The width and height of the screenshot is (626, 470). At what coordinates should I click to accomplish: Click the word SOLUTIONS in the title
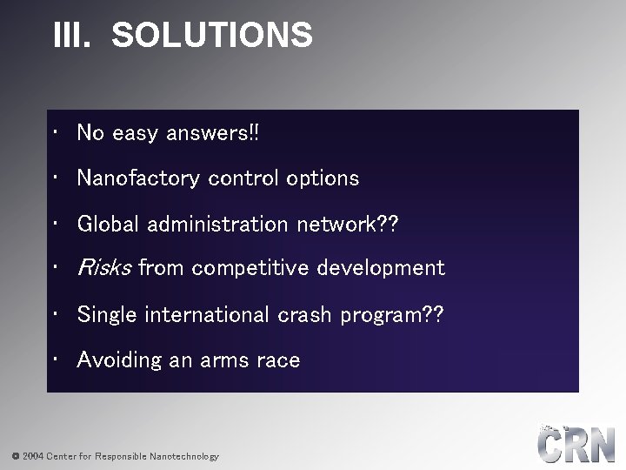(212, 36)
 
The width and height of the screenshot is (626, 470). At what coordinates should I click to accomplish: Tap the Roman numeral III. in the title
(72, 36)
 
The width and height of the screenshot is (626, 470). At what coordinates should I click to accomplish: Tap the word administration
(218, 224)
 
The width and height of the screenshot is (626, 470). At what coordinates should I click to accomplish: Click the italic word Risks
(104, 268)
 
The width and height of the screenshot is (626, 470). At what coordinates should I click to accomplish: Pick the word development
(381, 268)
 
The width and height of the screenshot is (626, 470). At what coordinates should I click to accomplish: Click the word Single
(108, 314)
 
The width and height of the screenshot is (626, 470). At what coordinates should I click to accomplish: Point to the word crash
(305, 314)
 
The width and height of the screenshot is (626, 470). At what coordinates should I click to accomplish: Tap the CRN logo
(576, 444)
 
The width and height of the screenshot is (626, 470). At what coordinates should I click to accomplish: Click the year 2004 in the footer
(33, 456)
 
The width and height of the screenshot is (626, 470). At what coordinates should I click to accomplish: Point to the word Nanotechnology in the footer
(184, 456)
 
